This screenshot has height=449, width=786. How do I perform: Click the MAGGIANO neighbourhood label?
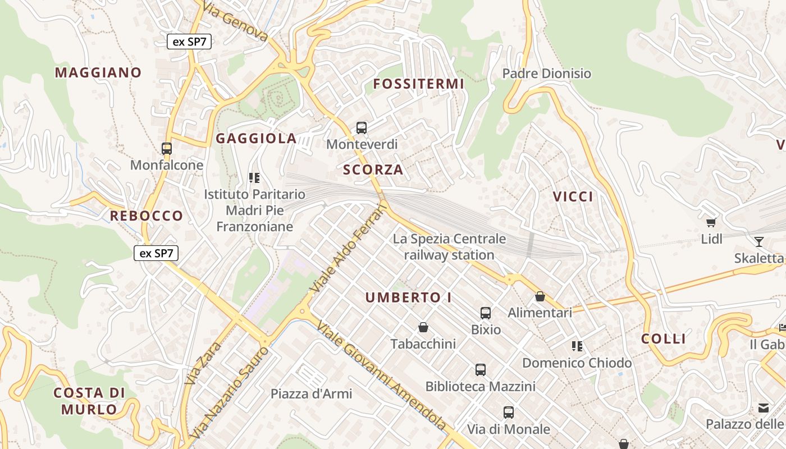(98, 72)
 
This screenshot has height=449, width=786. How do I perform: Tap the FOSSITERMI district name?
(419, 84)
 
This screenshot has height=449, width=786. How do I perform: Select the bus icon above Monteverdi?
(362, 128)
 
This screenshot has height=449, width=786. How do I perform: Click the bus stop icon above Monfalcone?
(167, 149)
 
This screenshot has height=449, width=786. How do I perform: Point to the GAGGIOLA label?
(256, 139)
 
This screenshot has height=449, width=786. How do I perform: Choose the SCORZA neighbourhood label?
(373, 169)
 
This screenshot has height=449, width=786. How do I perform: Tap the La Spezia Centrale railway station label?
(449, 247)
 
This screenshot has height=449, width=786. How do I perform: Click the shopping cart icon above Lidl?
(711, 222)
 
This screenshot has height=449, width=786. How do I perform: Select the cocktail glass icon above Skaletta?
(759, 242)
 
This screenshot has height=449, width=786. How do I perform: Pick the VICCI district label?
(573, 196)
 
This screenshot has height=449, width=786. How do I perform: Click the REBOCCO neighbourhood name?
(147, 216)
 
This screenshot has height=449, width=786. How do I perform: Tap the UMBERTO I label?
(409, 297)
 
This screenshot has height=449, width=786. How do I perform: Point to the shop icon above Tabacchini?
(423, 327)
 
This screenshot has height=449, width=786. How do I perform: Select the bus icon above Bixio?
(486, 313)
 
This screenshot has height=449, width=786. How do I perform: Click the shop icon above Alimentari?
(540, 296)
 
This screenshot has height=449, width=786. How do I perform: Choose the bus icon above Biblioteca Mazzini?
(481, 369)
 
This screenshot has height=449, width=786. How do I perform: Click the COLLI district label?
(664, 339)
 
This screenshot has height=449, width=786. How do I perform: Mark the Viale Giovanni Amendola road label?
(382, 377)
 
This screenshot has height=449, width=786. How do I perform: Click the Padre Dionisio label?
(547, 74)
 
